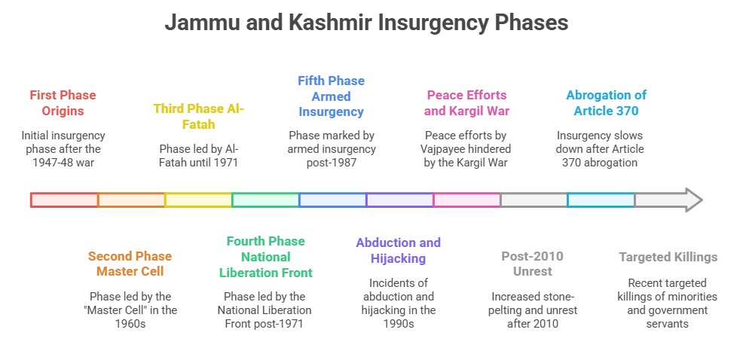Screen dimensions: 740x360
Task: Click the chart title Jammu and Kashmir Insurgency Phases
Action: click(366, 23)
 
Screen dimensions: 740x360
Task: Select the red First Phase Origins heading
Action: click(63, 103)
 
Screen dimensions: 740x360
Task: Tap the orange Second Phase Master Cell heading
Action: click(130, 264)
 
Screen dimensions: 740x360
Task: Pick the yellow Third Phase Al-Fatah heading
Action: click(199, 116)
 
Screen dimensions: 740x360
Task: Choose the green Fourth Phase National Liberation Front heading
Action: click(266, 257)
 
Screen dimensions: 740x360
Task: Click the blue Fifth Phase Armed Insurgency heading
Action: click(332, 96)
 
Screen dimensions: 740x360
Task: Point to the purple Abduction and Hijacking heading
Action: click(399, 251)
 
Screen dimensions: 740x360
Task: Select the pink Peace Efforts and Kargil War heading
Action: click(466, 103)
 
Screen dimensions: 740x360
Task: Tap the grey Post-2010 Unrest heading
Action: click(532, 264)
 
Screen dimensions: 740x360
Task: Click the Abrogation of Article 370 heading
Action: click(607, 103)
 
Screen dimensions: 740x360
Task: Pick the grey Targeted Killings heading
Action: click(668, 257)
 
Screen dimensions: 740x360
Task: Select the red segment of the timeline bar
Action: click(64, 200)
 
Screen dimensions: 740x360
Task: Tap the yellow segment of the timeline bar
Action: click(198, 200)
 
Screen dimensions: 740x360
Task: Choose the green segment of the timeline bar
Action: click(265, 200)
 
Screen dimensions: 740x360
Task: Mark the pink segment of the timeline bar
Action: click(466, 200)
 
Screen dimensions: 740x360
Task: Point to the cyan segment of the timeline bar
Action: click(601, 200)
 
